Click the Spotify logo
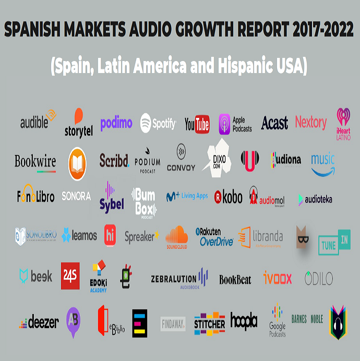point(158,124)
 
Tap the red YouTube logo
point(197,124)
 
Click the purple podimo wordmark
point(116,123)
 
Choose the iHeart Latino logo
point(343,124)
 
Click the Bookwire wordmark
point(35,162)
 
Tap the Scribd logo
point(114,160)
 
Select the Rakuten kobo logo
point(228,197)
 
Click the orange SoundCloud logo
point(176,237)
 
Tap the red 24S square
point(70,275)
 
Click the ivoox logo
point(278,277)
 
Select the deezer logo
point(39,322)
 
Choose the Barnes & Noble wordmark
point(307,319)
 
